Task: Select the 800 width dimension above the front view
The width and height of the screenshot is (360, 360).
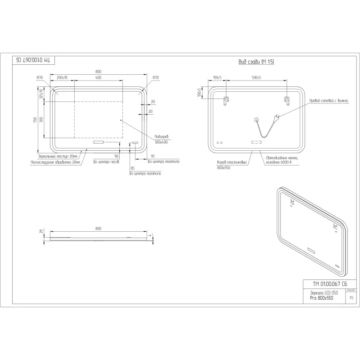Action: tap(98, 72)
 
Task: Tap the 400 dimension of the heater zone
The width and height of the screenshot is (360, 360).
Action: tap(98, 78)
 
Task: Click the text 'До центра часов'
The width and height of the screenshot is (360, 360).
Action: tap(106, 161)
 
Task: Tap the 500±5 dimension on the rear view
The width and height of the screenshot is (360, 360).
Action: tap(256, 78)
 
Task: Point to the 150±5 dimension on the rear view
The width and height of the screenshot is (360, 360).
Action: tap(216, 78)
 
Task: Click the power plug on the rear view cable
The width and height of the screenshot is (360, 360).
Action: tap(278, 117)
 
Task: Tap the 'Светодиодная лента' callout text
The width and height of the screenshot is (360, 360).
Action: tap(282, 158)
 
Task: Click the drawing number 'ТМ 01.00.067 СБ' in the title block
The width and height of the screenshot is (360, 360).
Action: tap(330, 283)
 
